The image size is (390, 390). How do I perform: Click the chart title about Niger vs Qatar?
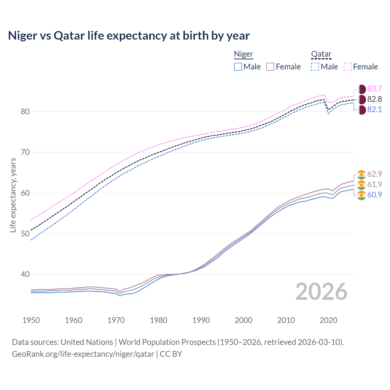pyautogui.click(x=129, y=36)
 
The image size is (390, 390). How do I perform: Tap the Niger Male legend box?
pyautogui.click(x=238, y=67)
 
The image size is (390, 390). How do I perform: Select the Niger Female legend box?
pyautogui.click(x=270, y=67)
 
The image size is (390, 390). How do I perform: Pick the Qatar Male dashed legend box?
pyautogui.click(x=315, y=67)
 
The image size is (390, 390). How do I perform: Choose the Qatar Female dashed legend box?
pyautogui.click(x=348, y=67)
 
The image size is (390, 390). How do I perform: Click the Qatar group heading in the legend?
pyautogui.click(x=321, y=54)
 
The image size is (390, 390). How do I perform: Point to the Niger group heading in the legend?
pyautogui.click(x=243, y=54)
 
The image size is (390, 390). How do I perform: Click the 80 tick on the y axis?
pyautogui.click(x=25, y=112)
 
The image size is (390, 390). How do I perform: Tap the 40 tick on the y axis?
pyautogui.click(x=25, y=275)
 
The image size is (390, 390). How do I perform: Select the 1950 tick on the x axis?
pyautogui.click(x=31, y=320)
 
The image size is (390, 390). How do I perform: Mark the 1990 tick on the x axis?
pyautogui.click(x=201, y=320)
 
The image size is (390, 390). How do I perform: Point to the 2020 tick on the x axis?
pyautogui.click(x=328, y=320)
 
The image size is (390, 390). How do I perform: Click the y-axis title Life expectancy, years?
pyautogui.click(x=13, y=195)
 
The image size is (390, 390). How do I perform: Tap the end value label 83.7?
pyautogui.click(x=374, y=89)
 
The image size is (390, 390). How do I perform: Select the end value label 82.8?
pyautogui.click(x=374, y=99)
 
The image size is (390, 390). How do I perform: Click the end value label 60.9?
pyautogui.click(x=374, y=195)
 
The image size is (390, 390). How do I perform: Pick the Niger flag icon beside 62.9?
pyautogui.click(x=361, y=174)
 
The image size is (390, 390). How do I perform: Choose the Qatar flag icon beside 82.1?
pyautogui.click(x=361, y=110)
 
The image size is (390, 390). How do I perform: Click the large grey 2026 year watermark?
pyautogui.click(x=321, y=292)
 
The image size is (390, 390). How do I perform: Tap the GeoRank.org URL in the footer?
pyautogui.click(x=83, y=354)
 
